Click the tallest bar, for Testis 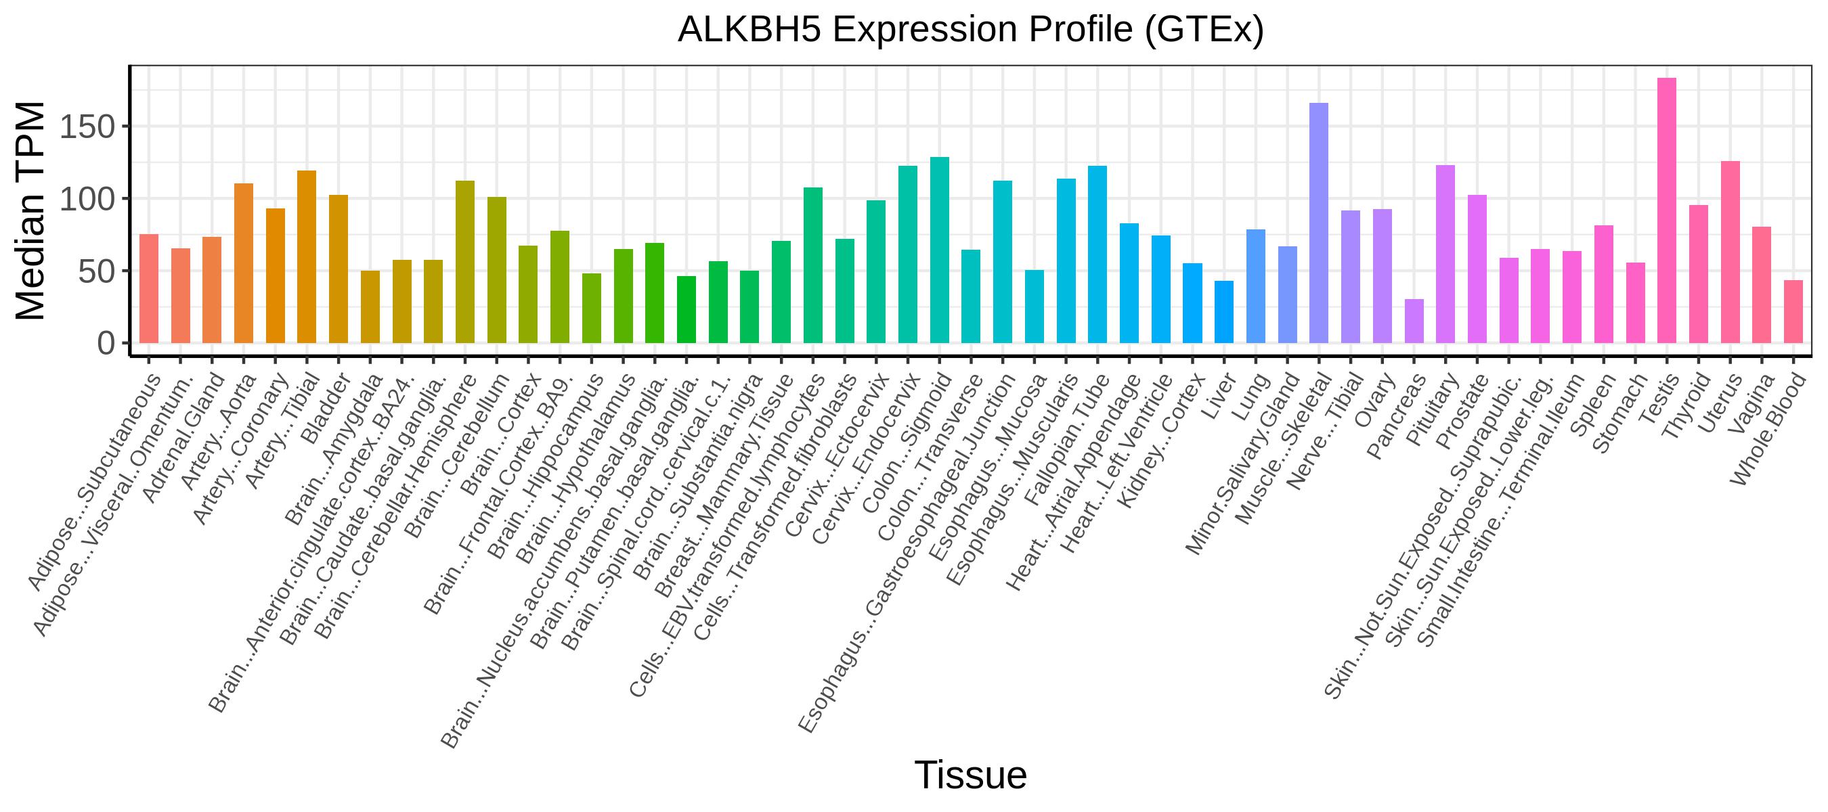1667,210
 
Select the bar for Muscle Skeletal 1319,223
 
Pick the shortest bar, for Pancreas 1414,321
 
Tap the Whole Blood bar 1793,312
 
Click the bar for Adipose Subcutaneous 149,289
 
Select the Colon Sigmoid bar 940,250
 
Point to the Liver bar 1224,312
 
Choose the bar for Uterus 1730,252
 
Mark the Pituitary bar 1445,254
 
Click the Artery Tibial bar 307,256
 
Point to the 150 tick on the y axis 126,127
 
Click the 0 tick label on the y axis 106,344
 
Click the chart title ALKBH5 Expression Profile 971,30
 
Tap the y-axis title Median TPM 30,210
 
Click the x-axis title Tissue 971,774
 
